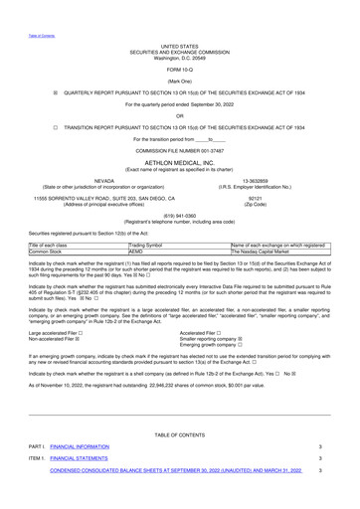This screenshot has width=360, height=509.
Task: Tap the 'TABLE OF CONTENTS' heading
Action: coord(179,434)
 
